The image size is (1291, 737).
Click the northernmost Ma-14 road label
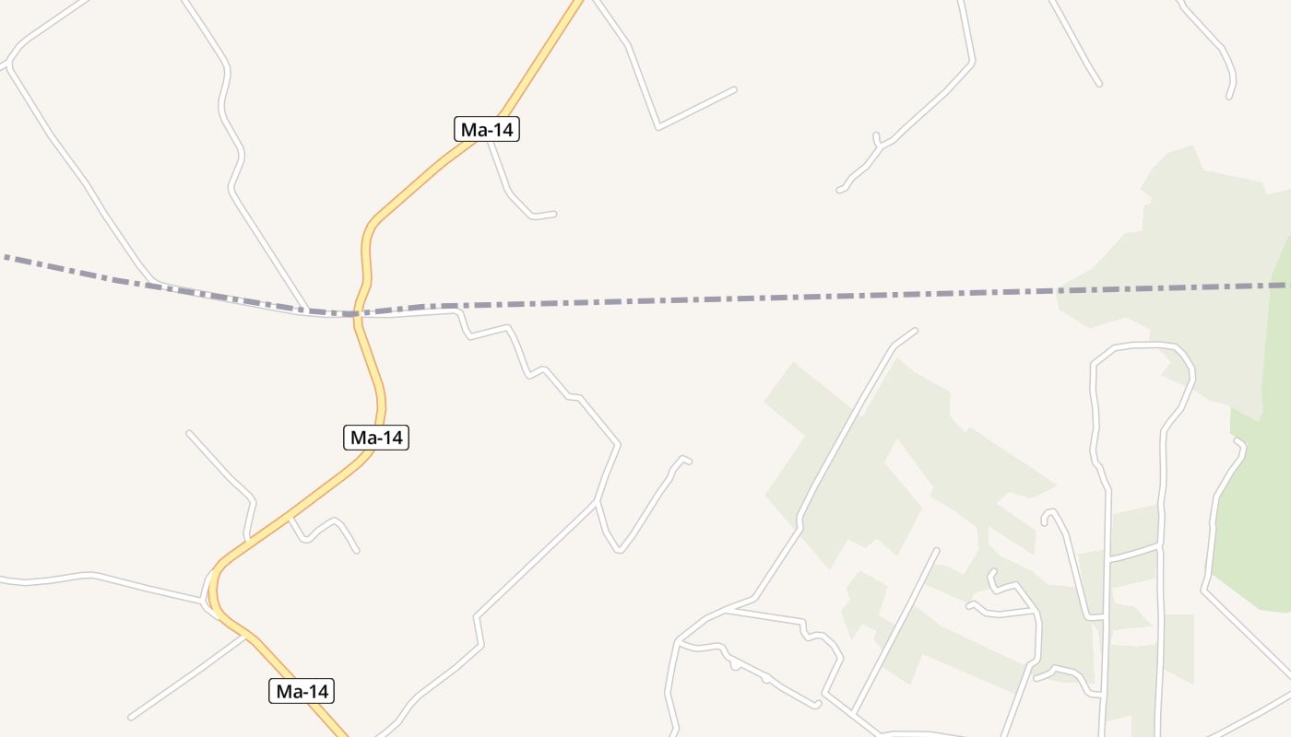487,130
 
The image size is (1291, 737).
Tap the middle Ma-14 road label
376,438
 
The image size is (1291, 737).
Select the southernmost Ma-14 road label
302,691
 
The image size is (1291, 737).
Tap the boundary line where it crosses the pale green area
1171,289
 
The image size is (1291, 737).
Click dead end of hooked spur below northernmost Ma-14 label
554,214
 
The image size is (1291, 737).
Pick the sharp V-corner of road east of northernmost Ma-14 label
658,127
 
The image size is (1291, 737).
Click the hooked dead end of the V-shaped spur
689,461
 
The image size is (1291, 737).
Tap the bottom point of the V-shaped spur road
620,551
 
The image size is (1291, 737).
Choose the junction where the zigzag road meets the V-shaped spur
598,502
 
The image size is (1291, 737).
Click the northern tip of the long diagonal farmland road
916,330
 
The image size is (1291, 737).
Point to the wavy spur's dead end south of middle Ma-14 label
357,551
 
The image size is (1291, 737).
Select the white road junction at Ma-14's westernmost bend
205,601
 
